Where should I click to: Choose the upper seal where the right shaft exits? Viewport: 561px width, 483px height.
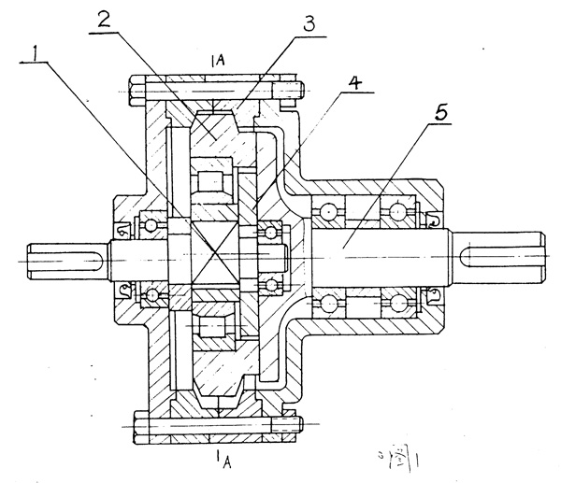432,221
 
